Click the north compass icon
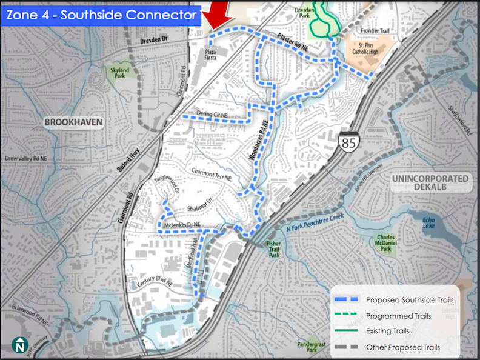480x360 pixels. pyautogui.click(x=20, y=345)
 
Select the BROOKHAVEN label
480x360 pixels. pyautogui.click(x=74, y=122)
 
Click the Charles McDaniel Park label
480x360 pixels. pyautogui.click(x=385, y=243)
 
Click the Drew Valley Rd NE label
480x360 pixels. pyautogui.click(x=28, y=158)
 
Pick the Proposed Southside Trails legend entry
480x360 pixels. pyautogui.click(x=410, y=299)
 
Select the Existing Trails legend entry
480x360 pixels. pyautogui.click(x=387, y=332)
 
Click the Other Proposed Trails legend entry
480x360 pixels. pyautogui.click(x=403, y=347)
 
